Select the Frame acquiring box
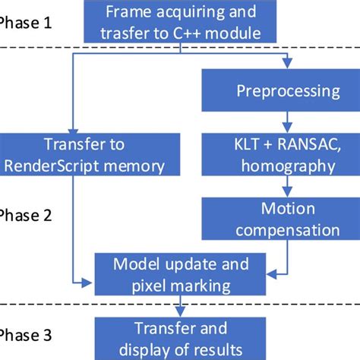tap(180, 23)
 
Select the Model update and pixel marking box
tap(180, 274)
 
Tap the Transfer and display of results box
tap(180, 338)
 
